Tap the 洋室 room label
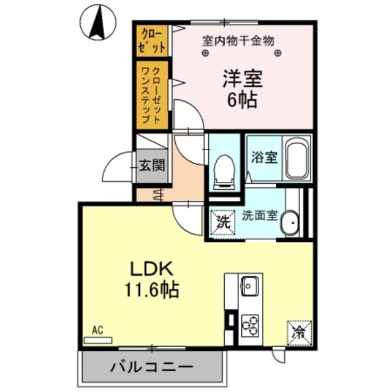pyautogui.click(x=242, y=79)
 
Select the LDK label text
pyautogui.click(x=153, y=269)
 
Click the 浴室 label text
pyautogui.click(x=264, y=157)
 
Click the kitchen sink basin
pyautogui.click(x=250, y=285)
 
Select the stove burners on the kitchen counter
pyautogui.click(x=250, y=323)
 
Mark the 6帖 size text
pyautogui.click(x=242, y=100)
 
